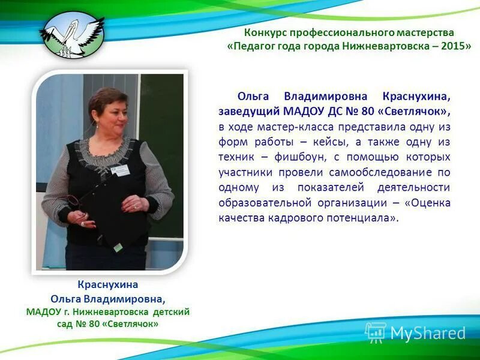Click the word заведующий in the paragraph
coord(247,112)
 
